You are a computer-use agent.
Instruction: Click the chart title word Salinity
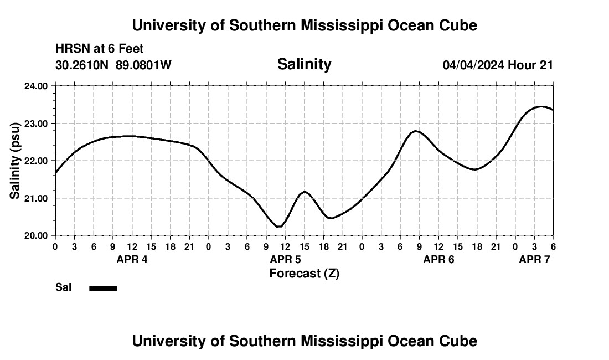304,64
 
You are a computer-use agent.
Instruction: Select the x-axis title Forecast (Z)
304,274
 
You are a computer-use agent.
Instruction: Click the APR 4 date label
132,260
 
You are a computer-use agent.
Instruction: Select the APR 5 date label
285,260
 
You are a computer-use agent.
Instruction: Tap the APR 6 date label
438,260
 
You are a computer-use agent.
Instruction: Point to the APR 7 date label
534,260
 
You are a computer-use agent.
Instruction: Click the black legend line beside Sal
104,288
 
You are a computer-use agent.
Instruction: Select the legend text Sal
63,287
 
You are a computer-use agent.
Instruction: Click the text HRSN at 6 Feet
100,49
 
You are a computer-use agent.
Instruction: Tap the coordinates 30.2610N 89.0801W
113,65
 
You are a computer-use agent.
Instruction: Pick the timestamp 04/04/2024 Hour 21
498,65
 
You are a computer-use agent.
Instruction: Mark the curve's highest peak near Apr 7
541,106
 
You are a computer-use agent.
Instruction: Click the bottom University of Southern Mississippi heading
304,341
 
